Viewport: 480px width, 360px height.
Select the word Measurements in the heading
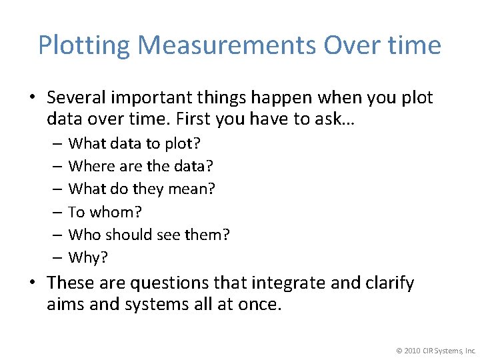coord(227,45)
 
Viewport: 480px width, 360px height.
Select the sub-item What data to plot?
coord(135,143)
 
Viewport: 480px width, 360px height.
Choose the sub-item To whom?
coord(105,212)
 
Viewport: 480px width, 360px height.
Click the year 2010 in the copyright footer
coord(412,350)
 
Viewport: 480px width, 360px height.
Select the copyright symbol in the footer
coord(398,350)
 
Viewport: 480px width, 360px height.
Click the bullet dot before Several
coord(32,99)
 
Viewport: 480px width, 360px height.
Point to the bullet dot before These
coord(32,284)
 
